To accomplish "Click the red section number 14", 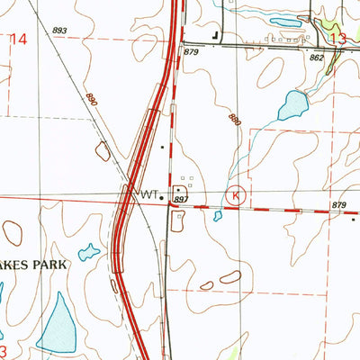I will point(19,38).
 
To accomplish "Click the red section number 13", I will point(338,39).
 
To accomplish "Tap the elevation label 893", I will point(59,31).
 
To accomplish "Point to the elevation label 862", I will point(316,57).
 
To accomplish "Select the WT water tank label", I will point(146,193).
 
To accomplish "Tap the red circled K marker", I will point(237,193).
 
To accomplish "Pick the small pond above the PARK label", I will point(89,253).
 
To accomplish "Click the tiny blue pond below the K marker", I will point(217,216).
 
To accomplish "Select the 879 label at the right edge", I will point(338,206).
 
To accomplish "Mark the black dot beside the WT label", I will point(161,194).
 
